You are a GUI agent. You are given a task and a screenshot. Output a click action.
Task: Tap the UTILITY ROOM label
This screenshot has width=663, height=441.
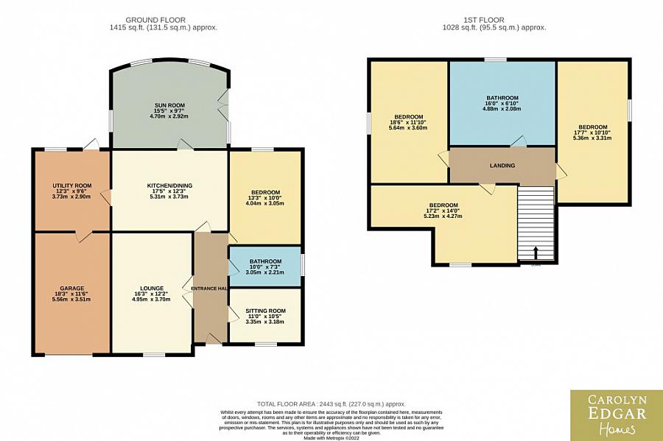point(71,186)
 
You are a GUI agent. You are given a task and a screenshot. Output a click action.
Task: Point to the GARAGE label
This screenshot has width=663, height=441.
point(71,288)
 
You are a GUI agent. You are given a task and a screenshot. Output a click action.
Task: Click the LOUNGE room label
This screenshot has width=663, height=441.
point(151,288)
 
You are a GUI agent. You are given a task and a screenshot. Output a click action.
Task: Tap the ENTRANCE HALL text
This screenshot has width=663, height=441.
point(208,288)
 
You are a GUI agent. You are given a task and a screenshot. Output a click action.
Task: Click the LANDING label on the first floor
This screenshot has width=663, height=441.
point(502,166)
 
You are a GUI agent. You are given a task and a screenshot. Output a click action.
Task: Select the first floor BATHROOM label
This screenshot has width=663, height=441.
point(502,98)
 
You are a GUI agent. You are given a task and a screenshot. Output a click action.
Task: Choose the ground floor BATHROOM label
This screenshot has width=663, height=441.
point(264,261)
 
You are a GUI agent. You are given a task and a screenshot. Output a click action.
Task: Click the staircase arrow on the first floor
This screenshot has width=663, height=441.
point(536,253)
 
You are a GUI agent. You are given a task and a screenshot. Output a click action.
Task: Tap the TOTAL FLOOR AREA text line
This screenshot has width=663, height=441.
point(331,404)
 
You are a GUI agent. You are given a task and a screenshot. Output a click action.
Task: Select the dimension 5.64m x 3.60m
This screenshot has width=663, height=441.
point(408,128)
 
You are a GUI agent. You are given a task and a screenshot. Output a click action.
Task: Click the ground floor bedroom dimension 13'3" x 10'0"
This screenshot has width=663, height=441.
point(264,197)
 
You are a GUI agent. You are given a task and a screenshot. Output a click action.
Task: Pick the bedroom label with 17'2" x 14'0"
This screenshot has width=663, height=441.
point(443,205)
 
